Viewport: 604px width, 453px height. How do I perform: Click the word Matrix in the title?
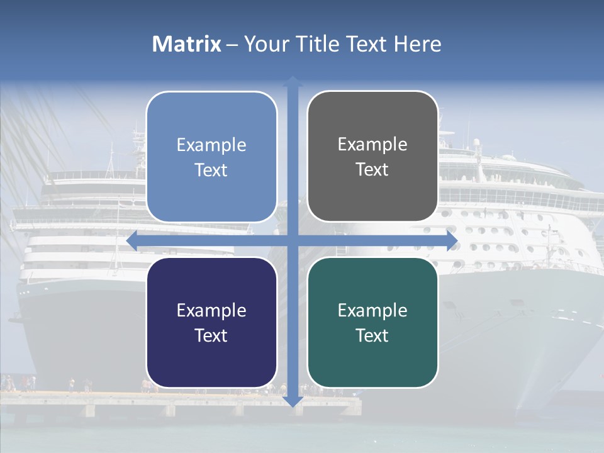(187, 44)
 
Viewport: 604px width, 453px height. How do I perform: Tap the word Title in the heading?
(318, 44)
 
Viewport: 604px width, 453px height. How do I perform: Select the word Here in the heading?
(417, 44)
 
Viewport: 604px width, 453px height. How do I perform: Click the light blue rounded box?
(211, 157)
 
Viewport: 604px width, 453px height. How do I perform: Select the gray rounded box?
(372, 156)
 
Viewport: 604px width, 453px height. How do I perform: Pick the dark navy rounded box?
(211, 322)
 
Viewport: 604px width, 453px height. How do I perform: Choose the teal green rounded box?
(372, 322)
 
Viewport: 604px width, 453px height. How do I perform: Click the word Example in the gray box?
(372, 144)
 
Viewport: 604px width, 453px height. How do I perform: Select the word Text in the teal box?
(372, 335)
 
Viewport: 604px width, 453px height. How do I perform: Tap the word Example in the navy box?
(211, 310)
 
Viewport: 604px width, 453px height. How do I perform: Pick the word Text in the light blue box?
(211, 170)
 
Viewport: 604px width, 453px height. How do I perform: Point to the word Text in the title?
(366, 44)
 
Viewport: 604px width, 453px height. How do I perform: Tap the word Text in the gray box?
(372, 169)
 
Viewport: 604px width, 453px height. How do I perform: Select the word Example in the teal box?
(372, 310)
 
